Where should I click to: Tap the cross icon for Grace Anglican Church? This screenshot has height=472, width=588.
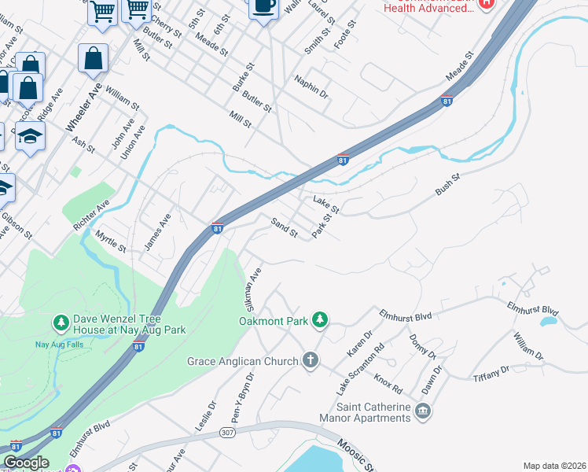[311, 361]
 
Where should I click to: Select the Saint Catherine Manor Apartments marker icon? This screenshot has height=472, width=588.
[423, 411]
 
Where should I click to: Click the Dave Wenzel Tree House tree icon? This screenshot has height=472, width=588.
[61, 323]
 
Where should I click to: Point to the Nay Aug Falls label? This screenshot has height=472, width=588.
[60, 344]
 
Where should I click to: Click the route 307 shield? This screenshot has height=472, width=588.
[227, 433]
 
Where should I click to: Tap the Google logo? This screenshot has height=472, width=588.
[26, 463]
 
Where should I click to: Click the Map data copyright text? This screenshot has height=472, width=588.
[554, 466]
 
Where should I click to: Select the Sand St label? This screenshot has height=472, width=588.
[284, 228]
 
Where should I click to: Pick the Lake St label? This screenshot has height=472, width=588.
[325, 204]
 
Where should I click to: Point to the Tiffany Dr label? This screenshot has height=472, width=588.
[492, 375]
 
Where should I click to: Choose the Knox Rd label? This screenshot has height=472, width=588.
[388, 384]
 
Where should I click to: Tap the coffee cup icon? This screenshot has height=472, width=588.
[263, 7]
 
